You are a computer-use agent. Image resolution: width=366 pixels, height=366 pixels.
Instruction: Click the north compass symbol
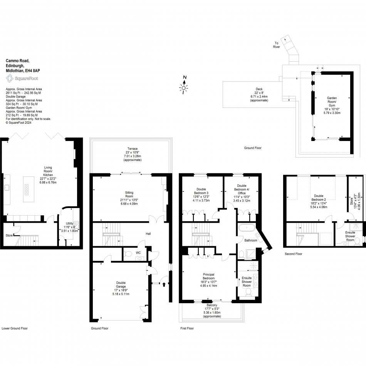[184, 87]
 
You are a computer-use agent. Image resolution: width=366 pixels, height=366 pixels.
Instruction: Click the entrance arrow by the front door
[164, 284]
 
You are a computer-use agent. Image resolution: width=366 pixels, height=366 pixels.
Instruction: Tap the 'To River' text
[277, 45]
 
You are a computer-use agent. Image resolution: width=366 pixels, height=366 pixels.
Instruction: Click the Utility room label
[69, 223]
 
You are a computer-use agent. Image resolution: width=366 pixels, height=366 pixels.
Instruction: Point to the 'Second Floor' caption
[294, 254]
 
